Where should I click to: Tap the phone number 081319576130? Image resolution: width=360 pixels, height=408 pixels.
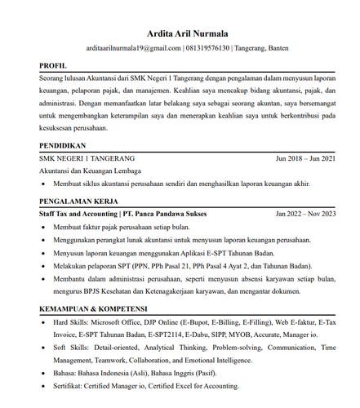(207, 48)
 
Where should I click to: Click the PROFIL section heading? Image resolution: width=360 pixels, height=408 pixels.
(55, 64)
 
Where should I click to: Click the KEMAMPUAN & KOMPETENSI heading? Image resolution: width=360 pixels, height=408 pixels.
(93, 309)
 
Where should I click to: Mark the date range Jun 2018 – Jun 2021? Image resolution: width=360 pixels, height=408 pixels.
(305, 158)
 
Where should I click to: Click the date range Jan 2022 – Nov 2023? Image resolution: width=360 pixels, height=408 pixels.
(305, 213)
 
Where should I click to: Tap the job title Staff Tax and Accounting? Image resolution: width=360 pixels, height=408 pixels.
(78, 213)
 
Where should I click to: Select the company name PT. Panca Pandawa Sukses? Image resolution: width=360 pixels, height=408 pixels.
(166, 213)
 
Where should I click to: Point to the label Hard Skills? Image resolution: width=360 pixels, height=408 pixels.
(69, 322)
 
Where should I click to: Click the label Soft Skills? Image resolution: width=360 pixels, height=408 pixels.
(68, 348)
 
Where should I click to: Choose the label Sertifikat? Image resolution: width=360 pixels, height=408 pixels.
(68, 387)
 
